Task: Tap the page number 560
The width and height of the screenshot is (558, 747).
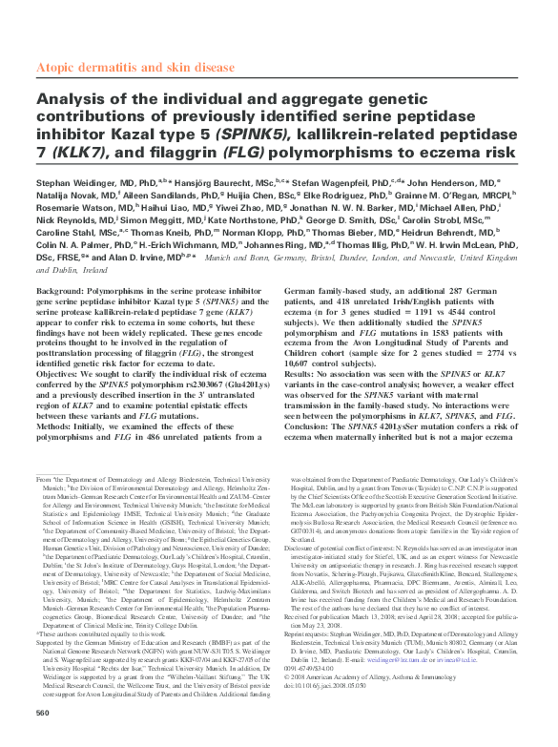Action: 42,714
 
